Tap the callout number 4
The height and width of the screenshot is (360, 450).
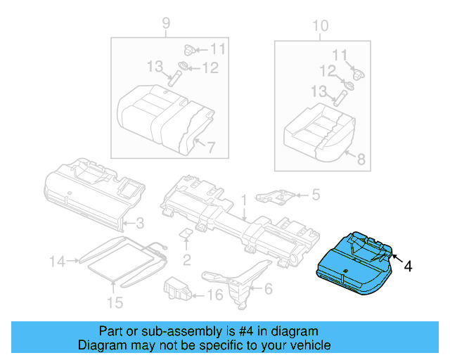point(409,266)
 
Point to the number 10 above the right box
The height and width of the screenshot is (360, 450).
point(320,26)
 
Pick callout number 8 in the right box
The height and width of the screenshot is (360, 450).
point(361,160)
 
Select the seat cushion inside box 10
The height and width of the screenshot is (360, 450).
point(316,131)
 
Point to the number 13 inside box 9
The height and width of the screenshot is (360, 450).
point(154,66)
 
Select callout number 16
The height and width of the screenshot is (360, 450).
point(216,295)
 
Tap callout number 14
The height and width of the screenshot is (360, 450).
point(57,262)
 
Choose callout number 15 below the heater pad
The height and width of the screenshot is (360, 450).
point(114,303)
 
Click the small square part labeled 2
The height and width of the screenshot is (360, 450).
point(187,235)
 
